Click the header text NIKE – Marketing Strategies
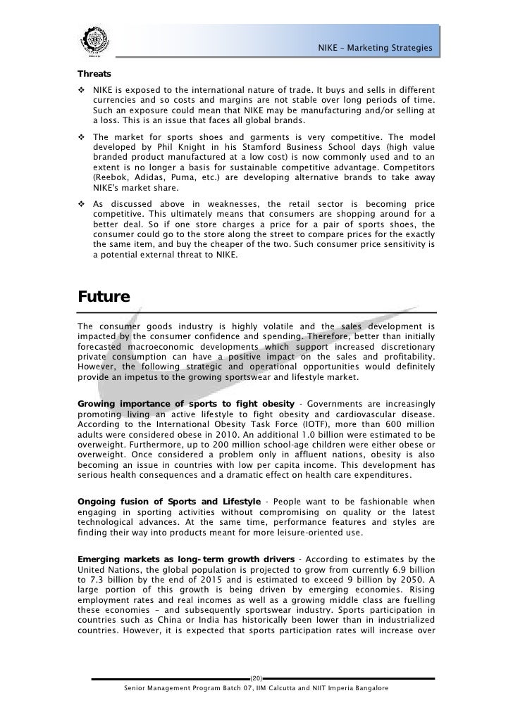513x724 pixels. click(x=374, y=48)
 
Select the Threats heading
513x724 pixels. click(x=94, y=72)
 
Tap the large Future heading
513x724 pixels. click(x=104, y=297)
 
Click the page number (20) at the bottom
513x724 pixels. click(x=256, y=678)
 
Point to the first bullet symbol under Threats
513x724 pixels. click(x=82, y=91)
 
